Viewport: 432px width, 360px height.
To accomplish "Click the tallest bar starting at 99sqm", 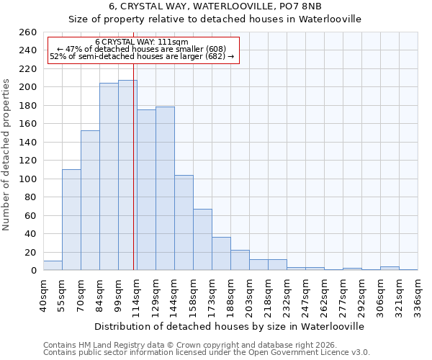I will click(x=127, y=175).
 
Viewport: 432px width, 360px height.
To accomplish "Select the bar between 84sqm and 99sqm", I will click(x=109, y=176).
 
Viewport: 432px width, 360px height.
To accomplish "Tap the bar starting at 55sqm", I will click(x=71, y=220).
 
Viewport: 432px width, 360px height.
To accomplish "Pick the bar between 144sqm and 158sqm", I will click(x=184, y=222).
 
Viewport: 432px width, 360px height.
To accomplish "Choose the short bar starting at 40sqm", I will click(x=53, y=266).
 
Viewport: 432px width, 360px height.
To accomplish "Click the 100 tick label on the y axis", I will click(x=27, y=179).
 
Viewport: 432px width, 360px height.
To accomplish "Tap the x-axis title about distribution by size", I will click(x=230, y=326).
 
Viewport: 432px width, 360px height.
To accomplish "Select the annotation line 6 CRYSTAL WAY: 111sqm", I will click(x=141, y=42).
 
